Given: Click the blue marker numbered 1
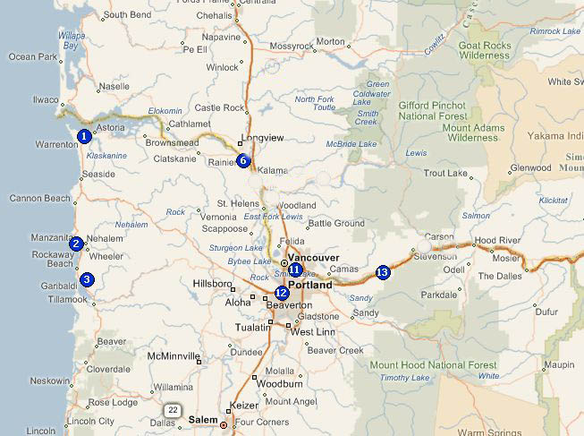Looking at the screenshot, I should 83,136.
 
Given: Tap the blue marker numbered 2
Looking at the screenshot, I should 76,244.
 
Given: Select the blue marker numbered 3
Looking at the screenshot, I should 86,279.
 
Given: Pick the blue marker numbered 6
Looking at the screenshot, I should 242,161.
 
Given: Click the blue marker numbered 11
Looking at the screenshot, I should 295,269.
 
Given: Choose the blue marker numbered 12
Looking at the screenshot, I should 282,293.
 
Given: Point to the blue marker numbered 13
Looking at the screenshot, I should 383,272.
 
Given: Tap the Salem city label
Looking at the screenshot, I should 202,420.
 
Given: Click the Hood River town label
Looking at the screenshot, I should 496,241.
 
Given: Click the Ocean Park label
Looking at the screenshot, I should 32,56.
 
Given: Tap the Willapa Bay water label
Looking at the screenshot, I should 71,39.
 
